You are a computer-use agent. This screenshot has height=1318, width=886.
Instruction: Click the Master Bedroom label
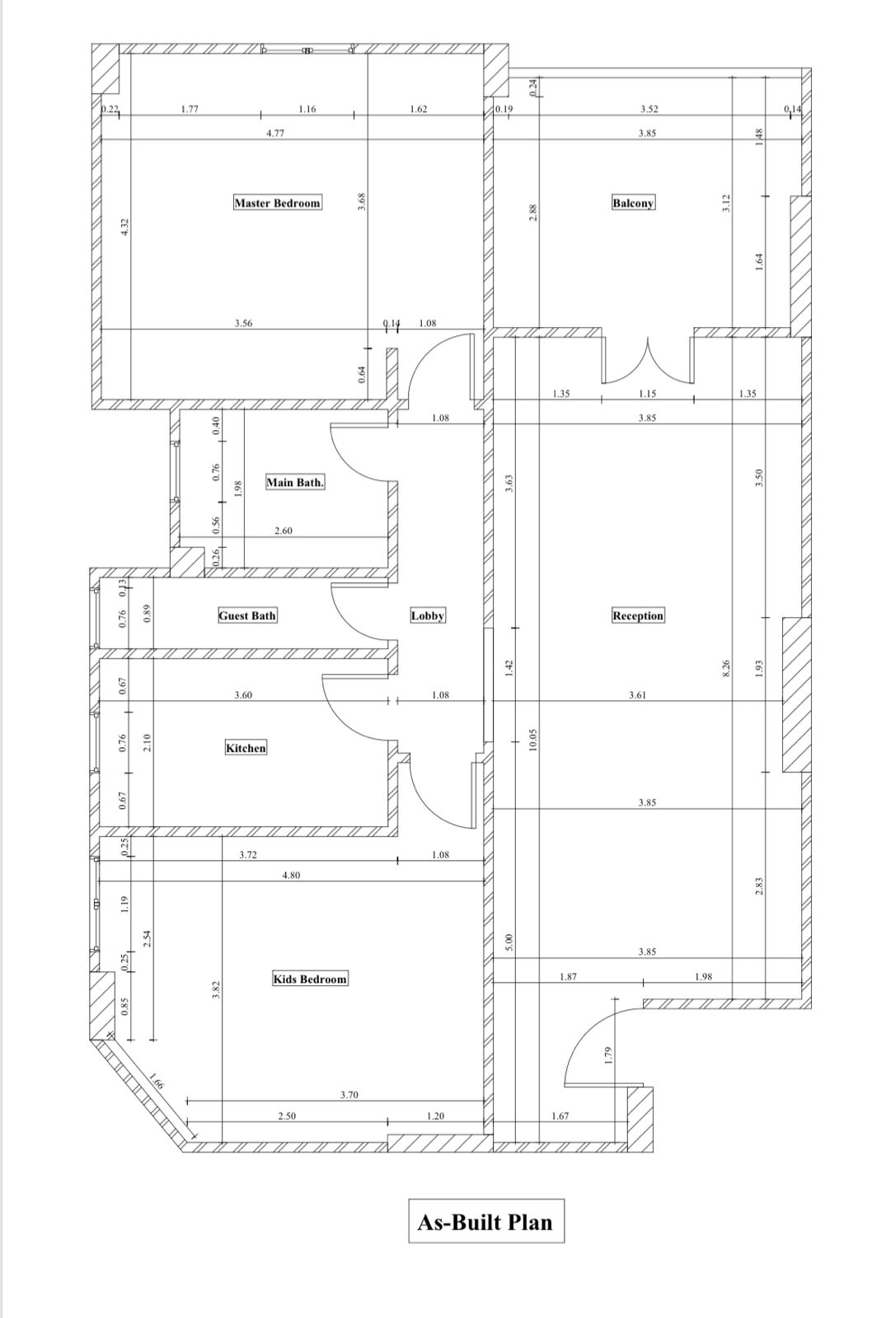coord(278,203)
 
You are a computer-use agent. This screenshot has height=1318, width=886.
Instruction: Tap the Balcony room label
coord(633,203)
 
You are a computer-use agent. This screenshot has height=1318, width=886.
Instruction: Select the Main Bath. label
coord(295,483)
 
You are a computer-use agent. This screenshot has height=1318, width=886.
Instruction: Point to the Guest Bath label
coord(247,615)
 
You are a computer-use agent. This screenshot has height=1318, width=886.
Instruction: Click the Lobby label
coord(428,615)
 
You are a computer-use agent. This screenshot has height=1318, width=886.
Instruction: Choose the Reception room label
coord(638,615)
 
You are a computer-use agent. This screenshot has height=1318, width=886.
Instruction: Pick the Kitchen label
coord(246,748)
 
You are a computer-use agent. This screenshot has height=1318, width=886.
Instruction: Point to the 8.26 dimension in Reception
coord(726,668)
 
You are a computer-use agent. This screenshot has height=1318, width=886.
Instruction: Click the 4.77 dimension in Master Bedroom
coord(275,133)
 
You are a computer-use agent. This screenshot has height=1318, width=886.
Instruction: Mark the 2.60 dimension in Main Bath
coord(284,530)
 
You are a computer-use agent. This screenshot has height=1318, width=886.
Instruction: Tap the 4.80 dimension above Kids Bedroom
coord(291,876)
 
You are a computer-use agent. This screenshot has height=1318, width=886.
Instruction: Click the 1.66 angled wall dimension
coord(156,1082)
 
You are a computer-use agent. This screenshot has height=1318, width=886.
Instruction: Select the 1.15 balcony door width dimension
coord(647,394)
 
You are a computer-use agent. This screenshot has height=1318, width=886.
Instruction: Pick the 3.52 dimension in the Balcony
coord(649,109)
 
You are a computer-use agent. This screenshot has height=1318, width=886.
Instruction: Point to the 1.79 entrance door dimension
coord(609,1054)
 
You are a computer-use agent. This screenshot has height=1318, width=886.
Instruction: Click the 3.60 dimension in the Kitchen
coord(243,695)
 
